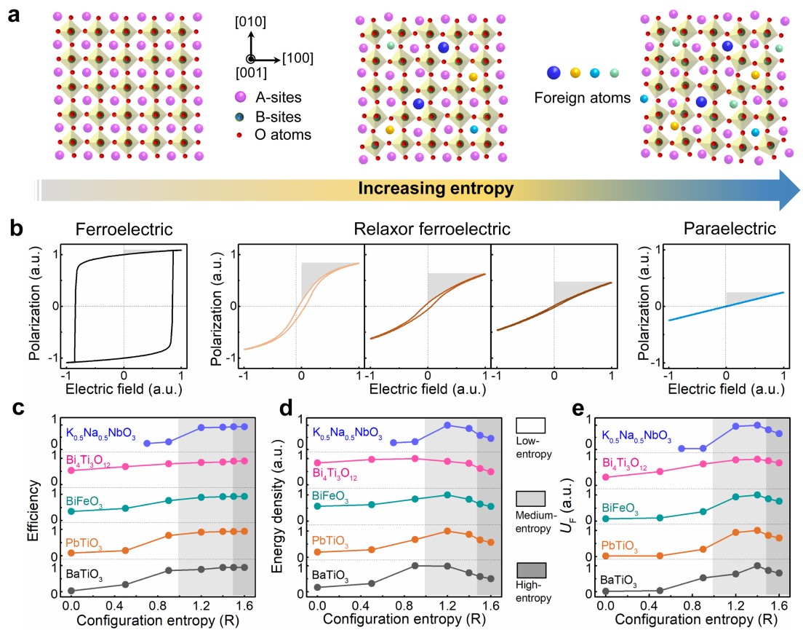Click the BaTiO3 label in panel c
(x=84, y=578)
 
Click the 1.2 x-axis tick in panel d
(x=447, y=605)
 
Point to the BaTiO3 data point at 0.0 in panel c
(x=71, y=590)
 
